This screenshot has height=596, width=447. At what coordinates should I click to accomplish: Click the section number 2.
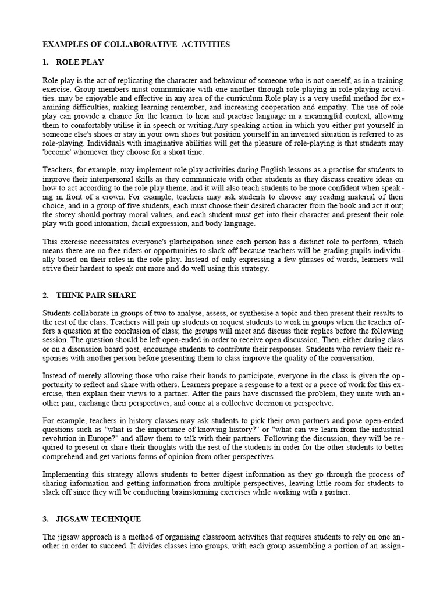pos(45,296)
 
